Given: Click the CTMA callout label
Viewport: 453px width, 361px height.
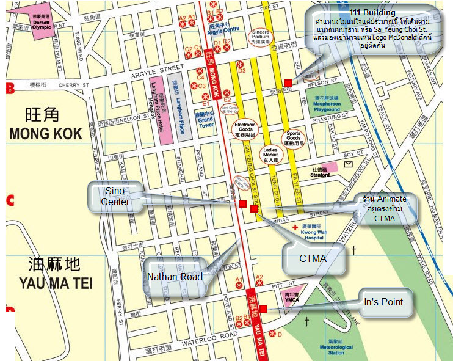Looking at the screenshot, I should click(x=313, y=258).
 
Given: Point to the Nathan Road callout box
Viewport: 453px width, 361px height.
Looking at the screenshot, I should click(x=176, y=277).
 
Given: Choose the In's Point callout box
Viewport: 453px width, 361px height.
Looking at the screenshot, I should click(x=383, y=302).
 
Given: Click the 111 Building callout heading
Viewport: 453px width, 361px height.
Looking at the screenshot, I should click(x=372, y=13).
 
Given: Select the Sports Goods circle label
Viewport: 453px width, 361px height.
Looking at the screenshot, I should click(x=294, y=138).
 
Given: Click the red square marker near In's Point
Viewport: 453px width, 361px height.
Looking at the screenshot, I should click(x=263, y=309).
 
